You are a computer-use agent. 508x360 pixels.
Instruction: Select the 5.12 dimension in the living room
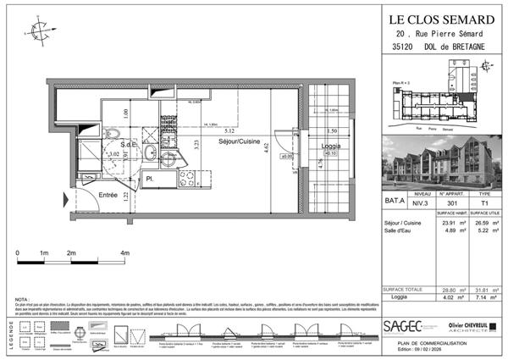click(x=230, y=130)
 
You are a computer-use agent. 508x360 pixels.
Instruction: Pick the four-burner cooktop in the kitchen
click(x=186, y=179)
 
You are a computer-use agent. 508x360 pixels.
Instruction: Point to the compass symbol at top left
click(x=40, y=31)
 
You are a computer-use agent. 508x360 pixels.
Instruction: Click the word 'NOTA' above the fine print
click(x=24, y=300)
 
